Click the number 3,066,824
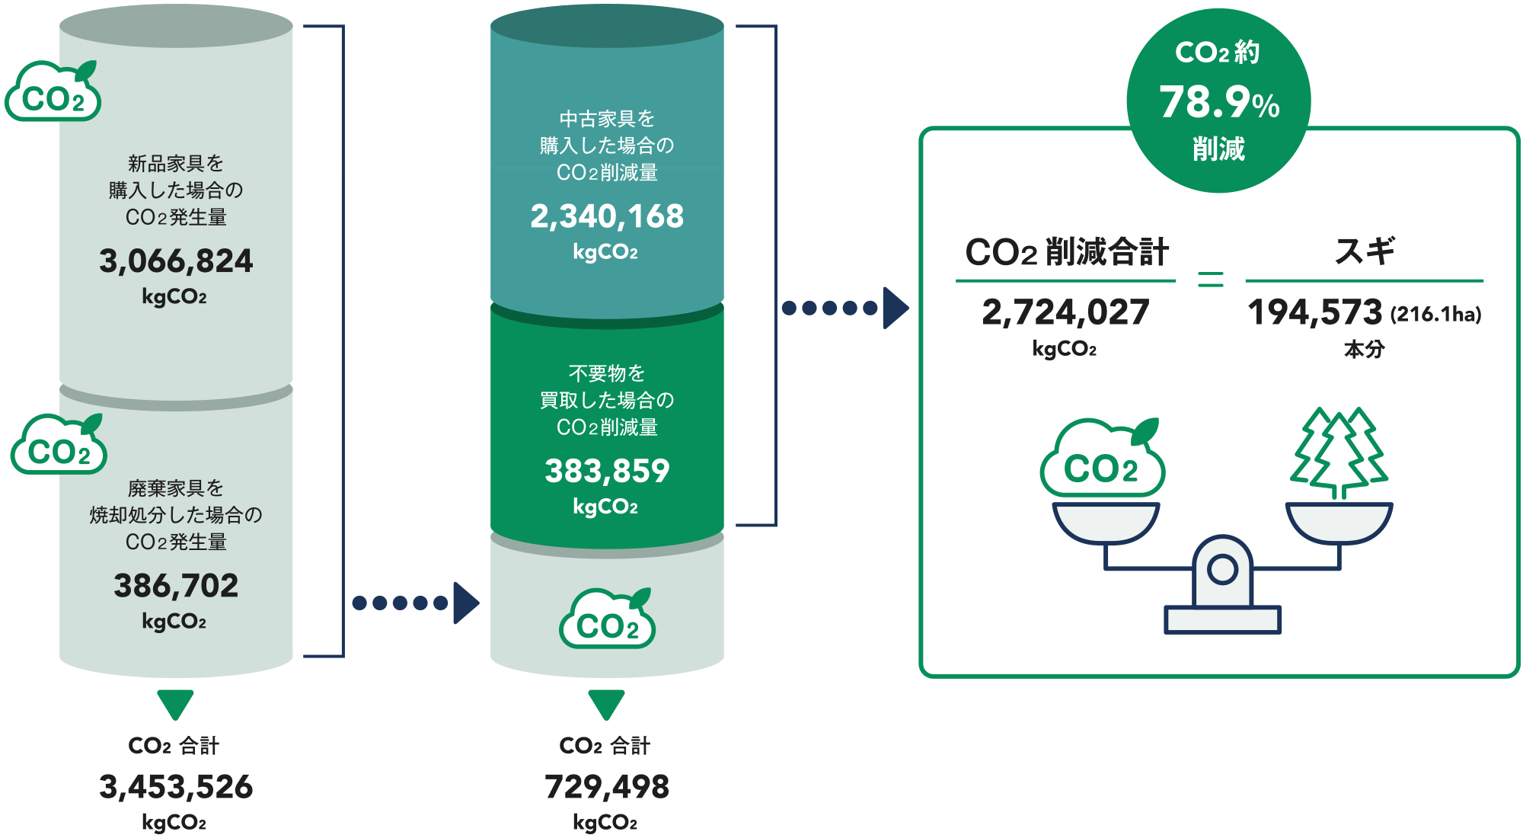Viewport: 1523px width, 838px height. pos(176,261)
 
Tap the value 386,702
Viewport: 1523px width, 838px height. pos(176,586)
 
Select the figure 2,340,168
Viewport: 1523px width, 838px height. pos(607,216)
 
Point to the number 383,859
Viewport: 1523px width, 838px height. pos(607,471)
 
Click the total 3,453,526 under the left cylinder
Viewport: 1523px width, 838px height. pos(176,787)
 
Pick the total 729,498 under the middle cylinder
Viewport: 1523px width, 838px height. pos(607,787)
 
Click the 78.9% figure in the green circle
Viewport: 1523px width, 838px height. pos(1218,102)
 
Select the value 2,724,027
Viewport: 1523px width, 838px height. pos(1065,312)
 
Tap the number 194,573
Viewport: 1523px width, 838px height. pos(1314,312)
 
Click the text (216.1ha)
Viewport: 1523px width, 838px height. pos(1436,314)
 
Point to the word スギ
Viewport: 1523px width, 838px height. pos(1365,251)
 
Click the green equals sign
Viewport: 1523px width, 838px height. pos(1211,279)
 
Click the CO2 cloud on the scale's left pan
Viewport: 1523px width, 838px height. pos(1103,461)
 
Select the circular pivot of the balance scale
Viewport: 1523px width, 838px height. pos(1222,569)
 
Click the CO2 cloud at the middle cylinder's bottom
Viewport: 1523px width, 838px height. pos(607,621)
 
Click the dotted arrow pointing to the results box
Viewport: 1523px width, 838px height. pos(844,308)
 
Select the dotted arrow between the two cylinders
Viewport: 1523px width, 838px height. pos(415,603)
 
